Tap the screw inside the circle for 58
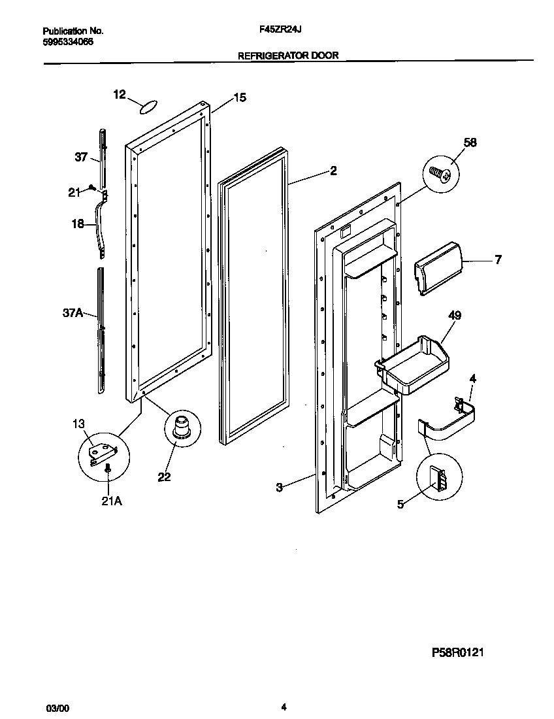(439, 173)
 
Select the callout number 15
(240, 97)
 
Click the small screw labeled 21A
(108, 468)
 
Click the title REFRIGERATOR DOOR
(288, 56)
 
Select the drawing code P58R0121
(457, 652)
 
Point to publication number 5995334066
(68, 41)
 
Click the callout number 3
(279, 487)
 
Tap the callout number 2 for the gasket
(333, 171)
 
